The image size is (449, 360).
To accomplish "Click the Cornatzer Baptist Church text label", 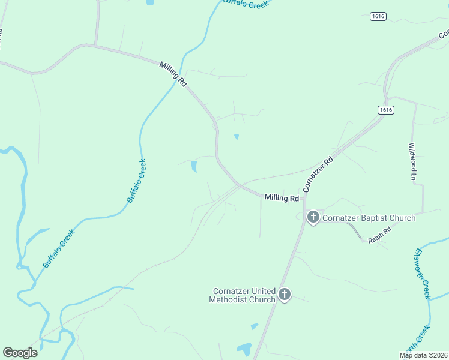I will coord(369,218).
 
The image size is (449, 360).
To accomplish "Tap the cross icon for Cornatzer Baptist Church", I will coord(313,217).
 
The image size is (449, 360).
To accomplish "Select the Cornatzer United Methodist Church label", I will coord(243,295).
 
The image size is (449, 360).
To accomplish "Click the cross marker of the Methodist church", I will coord(285,295).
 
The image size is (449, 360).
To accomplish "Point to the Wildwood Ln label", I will coord(412,161).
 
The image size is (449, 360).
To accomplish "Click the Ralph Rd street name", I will coord(379,235).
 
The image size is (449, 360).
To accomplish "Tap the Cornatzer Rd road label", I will coord(318,175).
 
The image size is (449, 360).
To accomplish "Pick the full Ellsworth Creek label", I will coord(422,274).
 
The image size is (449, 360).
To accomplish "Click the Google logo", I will coord(20,353).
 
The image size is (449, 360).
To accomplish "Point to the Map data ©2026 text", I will coord(424,355).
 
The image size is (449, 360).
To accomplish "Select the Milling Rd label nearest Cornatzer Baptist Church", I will coord(282,198).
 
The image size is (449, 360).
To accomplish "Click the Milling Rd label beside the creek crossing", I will coord(173,74).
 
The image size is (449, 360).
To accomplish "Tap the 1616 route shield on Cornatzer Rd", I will coord(386,110).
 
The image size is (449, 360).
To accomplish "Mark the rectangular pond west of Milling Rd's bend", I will coord(193,166).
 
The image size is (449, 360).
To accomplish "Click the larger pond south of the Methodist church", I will coord(244,349).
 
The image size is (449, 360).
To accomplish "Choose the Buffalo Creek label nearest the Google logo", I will coord(59,248).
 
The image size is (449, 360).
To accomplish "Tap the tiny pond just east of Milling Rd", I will coord(237,137).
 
